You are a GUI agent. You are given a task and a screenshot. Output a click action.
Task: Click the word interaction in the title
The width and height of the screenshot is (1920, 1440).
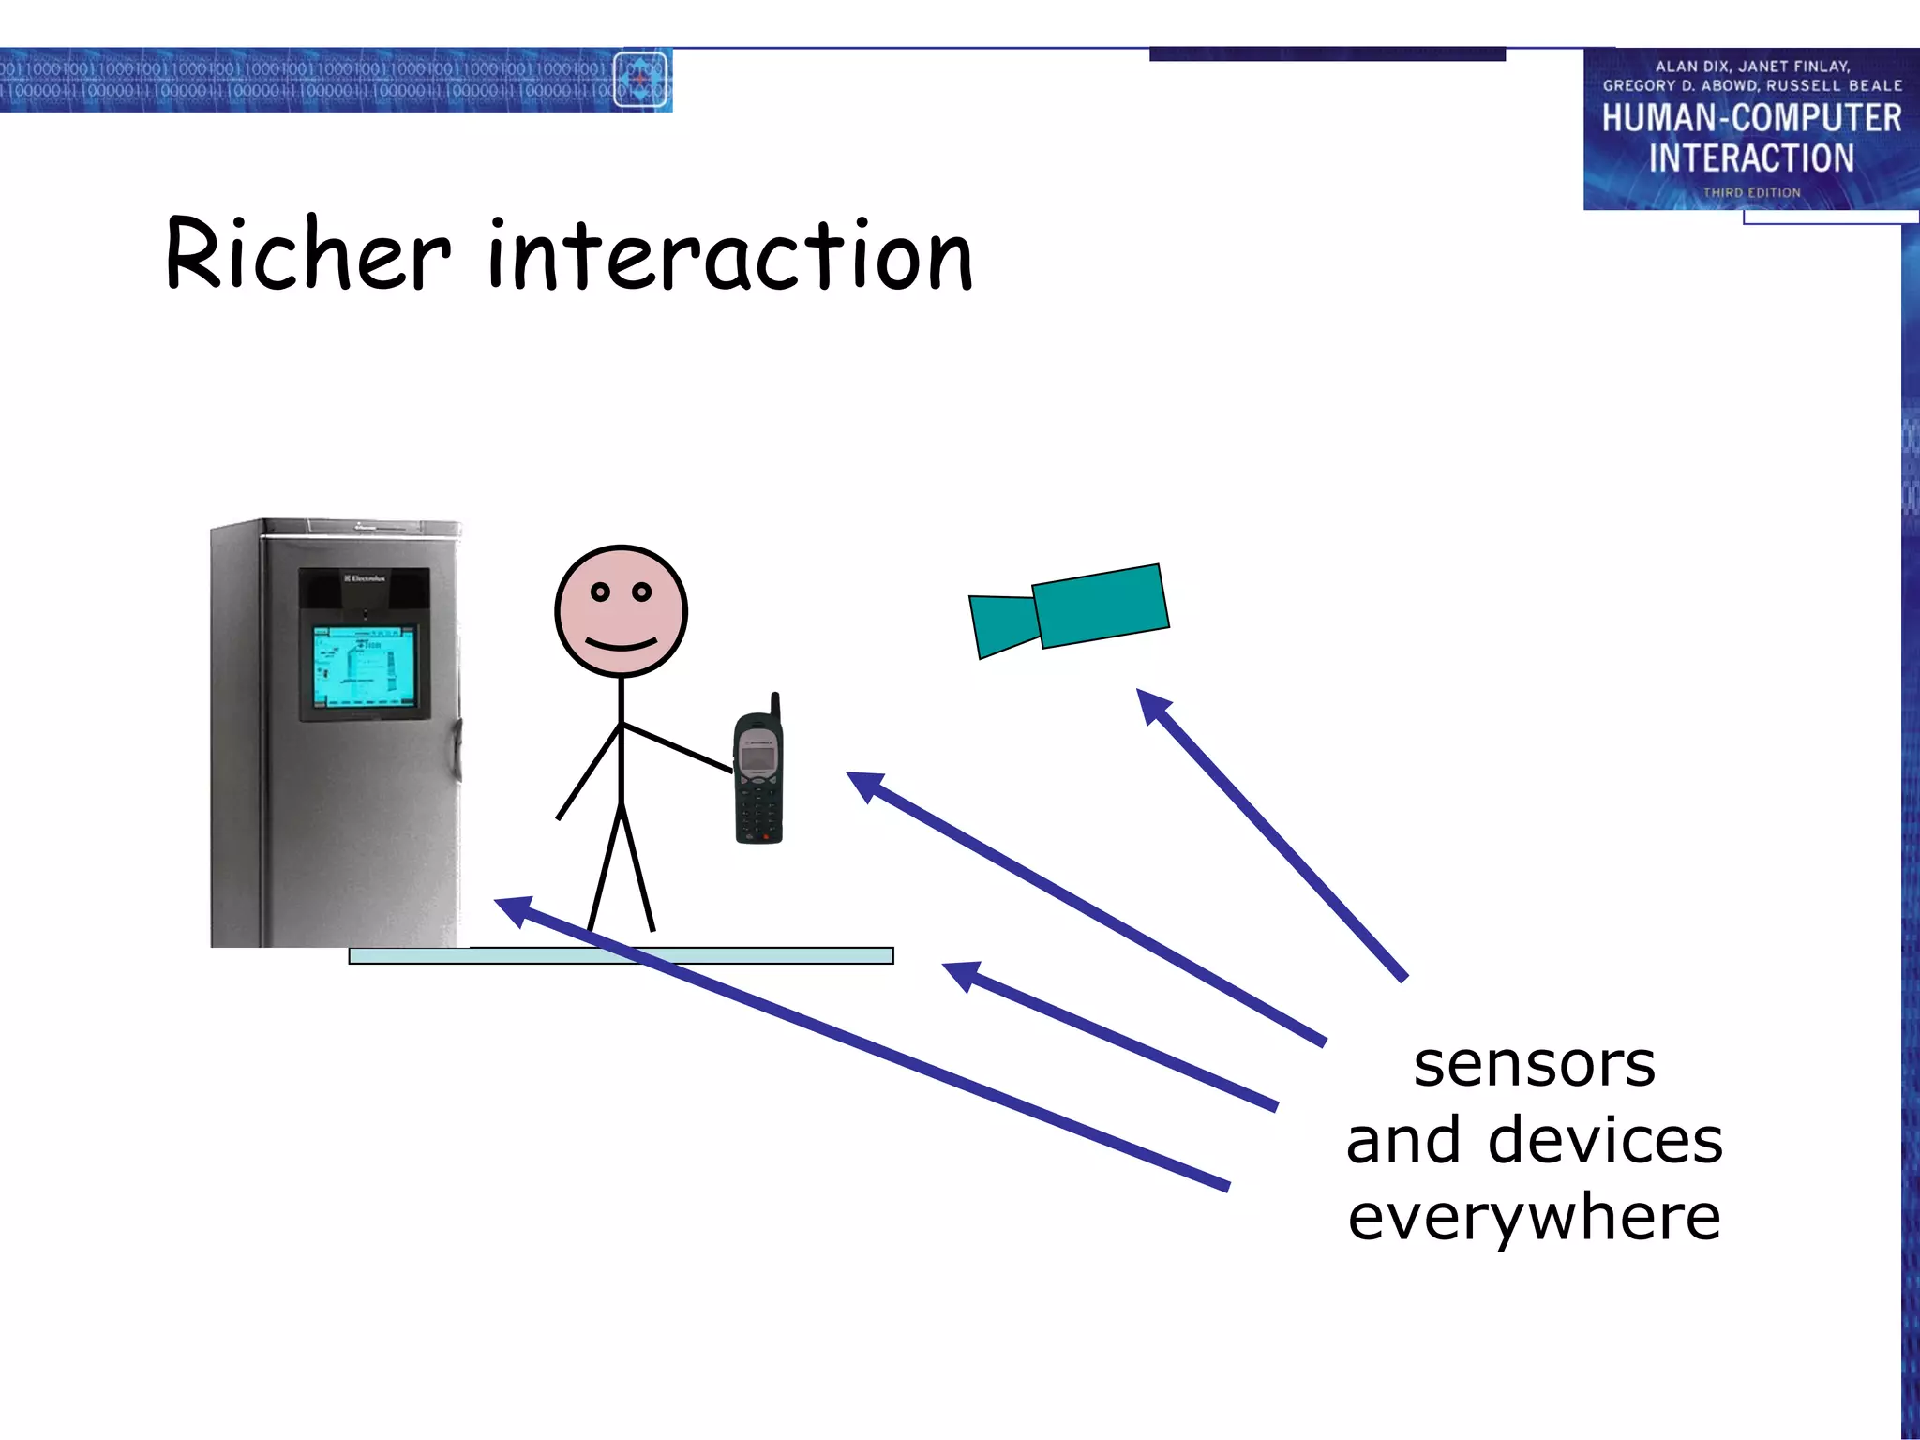[730, 255]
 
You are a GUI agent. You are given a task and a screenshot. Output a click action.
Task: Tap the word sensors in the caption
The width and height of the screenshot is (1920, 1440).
[1534, 1065]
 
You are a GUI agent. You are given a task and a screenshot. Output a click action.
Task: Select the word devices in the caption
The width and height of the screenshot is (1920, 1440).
[1605, 1141]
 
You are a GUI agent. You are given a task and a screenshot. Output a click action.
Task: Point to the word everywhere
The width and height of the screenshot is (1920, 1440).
[1534, 1218]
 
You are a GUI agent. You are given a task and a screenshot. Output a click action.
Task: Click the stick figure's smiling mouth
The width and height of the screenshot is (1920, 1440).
[621, 644]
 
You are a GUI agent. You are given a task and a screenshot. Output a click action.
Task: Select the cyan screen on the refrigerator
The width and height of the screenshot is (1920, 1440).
[363, 666]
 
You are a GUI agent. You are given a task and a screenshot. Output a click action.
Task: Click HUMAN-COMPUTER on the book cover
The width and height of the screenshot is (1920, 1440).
[1750, 118]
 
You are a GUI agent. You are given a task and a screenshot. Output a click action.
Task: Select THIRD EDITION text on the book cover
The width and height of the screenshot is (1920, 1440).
[1751, 192]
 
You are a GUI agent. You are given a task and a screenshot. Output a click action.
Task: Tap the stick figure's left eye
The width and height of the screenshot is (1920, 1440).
[600, 592]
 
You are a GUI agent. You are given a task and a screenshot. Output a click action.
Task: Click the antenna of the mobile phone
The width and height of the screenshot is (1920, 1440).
[775, 708]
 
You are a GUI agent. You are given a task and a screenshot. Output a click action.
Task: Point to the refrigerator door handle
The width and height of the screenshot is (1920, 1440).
[457, 750]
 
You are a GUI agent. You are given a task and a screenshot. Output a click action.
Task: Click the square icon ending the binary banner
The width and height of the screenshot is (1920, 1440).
[640, 80]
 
